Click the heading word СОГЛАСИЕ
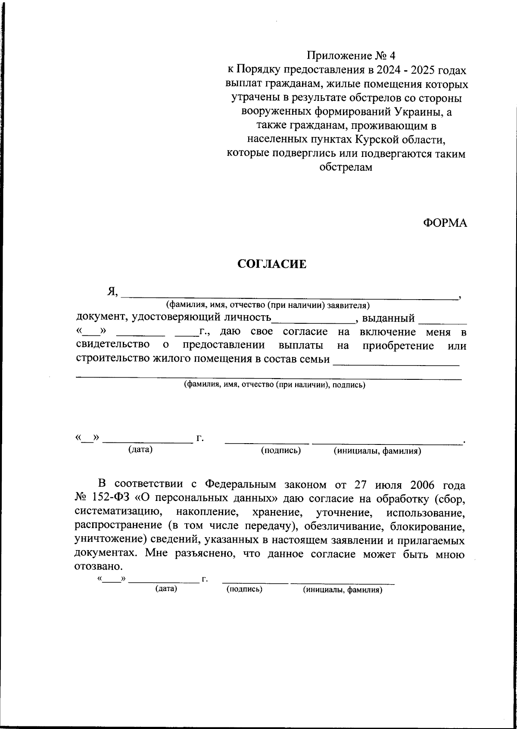pyautogui.click(x=272, y=264)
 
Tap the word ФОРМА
pyautogui.click(x=445, y=223)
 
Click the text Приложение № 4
pyautogui.click(x=351, y=56)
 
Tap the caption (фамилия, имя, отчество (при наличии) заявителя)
pyautogui.click(x=268, y=306)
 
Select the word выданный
pyautogui.click(x=388, y=319)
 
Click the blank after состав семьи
pyautogui.click(x=396, y=362)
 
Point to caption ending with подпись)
pyautogui.click(x=274, y=385)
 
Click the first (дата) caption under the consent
pyautogui.click(x=140, y=450)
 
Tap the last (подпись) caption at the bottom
pyautogui.click(x=244, y=589)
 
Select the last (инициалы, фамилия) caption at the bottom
pyautogui.click(x=343, y=590)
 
